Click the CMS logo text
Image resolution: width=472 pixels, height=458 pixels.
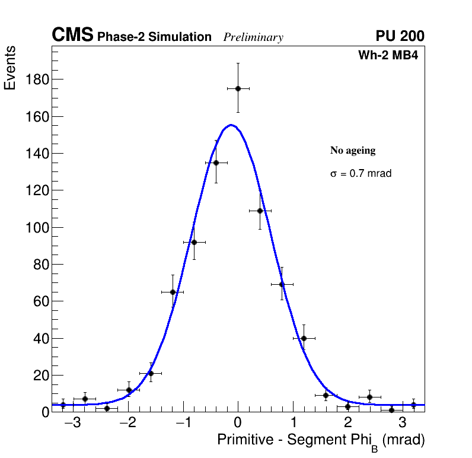(x=72, y=36)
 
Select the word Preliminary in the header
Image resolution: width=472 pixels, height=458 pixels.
(x=253, y=37)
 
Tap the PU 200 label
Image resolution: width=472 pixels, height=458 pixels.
(x=400, y=36)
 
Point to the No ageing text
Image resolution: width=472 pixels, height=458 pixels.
(x=353, y=151)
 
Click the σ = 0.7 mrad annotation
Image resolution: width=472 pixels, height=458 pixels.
(x=361, y=174)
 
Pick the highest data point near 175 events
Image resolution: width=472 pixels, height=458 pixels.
(x=238, y=88)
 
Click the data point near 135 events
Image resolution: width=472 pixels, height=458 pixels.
(x=216, y=163)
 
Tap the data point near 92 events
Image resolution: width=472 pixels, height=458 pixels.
(x=194, y=242)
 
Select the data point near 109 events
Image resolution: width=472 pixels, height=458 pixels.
(x=260, y=211)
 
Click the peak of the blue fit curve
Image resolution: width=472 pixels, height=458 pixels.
(x=231, y=125)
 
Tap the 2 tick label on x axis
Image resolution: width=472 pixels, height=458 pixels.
(x=347, y=423)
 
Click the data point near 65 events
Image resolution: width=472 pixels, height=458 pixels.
(x=173, y=292)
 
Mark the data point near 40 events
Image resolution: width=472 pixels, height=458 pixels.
(x=304, y=338)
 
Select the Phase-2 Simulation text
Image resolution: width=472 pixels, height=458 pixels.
(x=154, y=37)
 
